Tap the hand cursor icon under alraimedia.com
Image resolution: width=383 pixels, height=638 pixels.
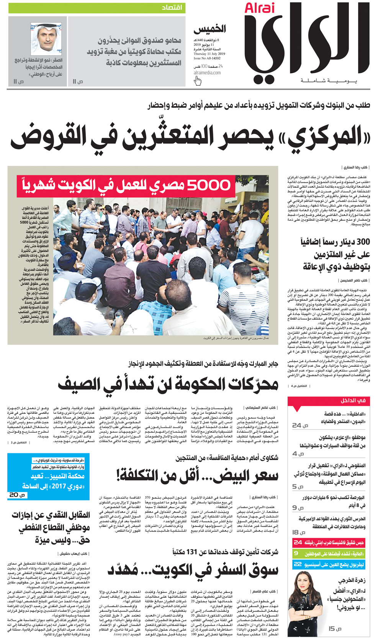(198, 81)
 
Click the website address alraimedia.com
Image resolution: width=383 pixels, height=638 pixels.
(207, 72)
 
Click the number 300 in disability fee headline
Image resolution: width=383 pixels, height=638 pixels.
(363, 242)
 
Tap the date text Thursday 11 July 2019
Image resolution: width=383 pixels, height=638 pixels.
(209, 54)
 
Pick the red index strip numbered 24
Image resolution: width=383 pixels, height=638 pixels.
(329, 543)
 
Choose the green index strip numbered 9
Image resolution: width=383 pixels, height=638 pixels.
(329, 554)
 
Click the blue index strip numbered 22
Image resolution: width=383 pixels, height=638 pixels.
(329, 564)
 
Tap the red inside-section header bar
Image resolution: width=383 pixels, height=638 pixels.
(329, 401)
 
